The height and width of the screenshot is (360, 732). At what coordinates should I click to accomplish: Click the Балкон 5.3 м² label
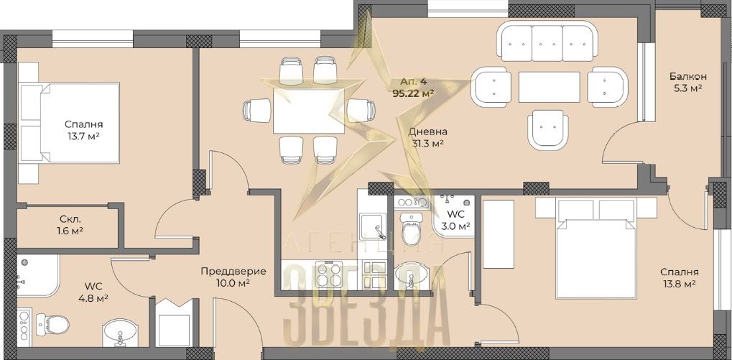click(687, 82)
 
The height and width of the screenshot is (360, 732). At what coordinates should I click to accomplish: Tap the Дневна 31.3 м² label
click(425, 137)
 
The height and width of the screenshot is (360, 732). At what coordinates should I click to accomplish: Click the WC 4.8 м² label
click(93, 291)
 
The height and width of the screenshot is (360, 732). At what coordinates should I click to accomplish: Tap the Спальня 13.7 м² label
click(83, 130)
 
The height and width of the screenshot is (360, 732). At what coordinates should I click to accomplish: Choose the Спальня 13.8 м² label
click(680, 277)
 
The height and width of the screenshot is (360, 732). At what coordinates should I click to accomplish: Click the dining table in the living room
click(309, 110)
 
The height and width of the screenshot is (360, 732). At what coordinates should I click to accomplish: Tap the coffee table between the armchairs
click(549, 87)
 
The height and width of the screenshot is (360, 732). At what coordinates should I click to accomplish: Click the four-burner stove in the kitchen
click(329, 274)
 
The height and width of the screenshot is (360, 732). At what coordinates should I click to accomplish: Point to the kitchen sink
click(373, 227)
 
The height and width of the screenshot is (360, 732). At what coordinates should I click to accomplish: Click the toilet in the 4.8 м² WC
click(52, 324)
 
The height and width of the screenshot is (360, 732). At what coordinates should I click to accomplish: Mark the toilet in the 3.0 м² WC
click(412, 229)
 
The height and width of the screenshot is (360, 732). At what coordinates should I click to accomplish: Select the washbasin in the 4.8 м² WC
click(120, 333)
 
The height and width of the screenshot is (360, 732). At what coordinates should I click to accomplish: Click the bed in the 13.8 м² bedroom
click(596, 247)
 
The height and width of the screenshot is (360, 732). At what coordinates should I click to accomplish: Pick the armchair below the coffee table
click(548, 130)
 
